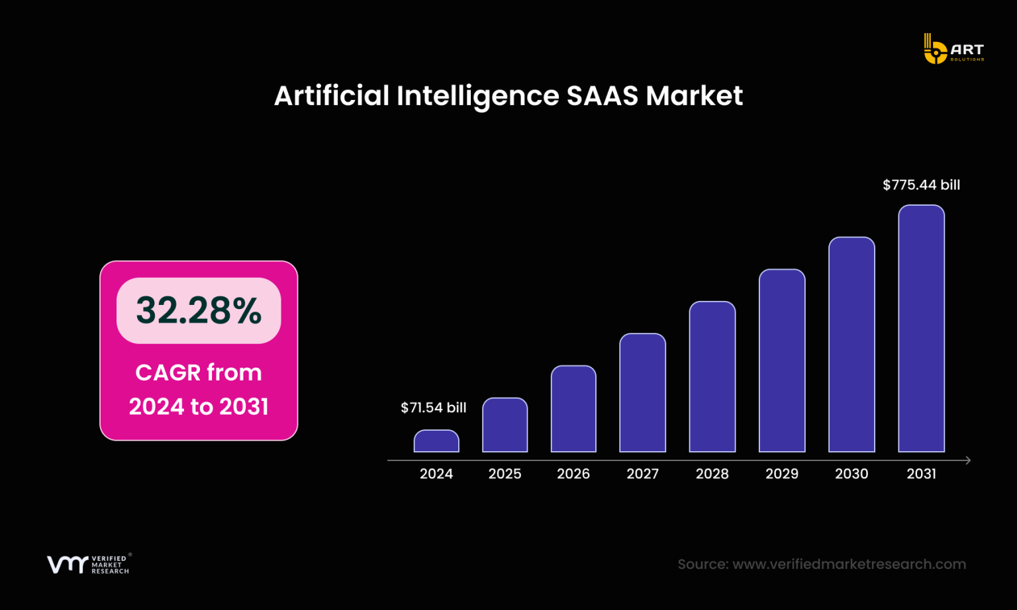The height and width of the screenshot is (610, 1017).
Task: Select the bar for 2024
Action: [x=436, y=441]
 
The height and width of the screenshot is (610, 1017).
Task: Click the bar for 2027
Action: [x=642, y=393]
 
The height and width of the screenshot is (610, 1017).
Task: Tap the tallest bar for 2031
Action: [x=921, y=329]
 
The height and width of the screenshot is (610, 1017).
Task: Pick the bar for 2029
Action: [x=782, y=361]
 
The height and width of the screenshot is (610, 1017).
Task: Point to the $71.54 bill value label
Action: [x=434, y=408]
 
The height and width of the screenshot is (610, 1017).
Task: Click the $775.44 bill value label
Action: [x=921, y=185]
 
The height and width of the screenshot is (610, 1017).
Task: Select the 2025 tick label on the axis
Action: [x=505, y=474]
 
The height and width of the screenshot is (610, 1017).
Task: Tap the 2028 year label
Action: [x=712, y=474]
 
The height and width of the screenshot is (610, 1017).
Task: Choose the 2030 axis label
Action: [x=851, y=474]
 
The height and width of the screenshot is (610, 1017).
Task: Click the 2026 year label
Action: [x=573, y=474]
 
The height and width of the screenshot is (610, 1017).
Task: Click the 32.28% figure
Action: [x=199, y=310]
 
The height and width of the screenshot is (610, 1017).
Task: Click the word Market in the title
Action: [x=694, y=96]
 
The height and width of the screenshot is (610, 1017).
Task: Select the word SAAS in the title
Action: [x=602, y=96]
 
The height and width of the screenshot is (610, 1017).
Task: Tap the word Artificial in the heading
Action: [x=332, y=96]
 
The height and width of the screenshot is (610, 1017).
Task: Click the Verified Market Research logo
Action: [x=88, y=564]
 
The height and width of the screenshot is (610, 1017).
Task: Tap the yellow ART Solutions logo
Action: [x=953, y=50]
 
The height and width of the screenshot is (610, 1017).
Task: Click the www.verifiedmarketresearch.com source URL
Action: [x=849, y=564]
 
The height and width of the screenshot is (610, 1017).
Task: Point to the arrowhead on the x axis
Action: [x=968, y=460]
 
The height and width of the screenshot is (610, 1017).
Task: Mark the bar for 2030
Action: [x=851, y=345]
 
